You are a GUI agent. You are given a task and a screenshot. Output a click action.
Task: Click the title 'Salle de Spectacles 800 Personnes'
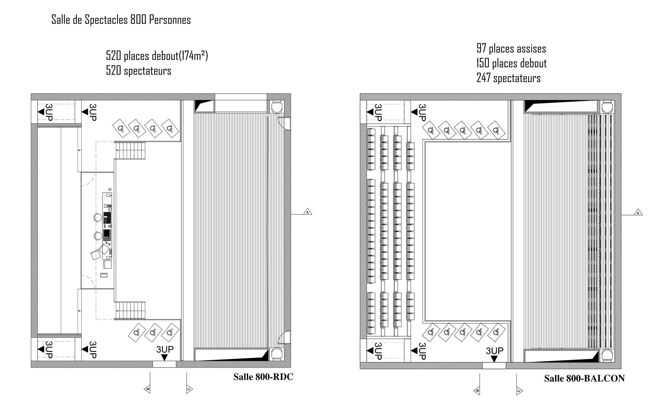point(121,20)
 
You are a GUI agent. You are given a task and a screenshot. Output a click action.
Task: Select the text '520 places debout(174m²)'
point(157,56)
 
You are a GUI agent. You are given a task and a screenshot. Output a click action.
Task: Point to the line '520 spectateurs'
point(139,71)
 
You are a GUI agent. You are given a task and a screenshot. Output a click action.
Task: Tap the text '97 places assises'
point(511,48)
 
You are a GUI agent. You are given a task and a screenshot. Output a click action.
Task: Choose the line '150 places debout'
point(512,63)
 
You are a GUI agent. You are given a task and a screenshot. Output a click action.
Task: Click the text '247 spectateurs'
point(509,78)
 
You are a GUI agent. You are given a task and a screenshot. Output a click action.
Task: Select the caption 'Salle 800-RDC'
point(263,377)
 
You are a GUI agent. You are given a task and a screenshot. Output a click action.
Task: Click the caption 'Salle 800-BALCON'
point(584,378)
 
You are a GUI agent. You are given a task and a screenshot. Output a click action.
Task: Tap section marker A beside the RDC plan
point(307,212)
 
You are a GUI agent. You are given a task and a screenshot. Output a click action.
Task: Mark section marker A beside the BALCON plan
point(638,213)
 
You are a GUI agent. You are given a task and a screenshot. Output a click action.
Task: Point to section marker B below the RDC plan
point(148,389)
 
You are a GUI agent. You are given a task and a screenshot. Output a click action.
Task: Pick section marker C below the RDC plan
point(189,389)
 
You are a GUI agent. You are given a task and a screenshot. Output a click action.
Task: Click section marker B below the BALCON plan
point(477,391)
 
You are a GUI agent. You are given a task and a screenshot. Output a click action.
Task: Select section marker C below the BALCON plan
point(519,391)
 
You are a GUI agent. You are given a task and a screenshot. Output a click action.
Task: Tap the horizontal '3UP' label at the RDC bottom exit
point(165,349)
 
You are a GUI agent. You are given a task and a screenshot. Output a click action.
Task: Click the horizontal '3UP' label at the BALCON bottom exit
point(494,351)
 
